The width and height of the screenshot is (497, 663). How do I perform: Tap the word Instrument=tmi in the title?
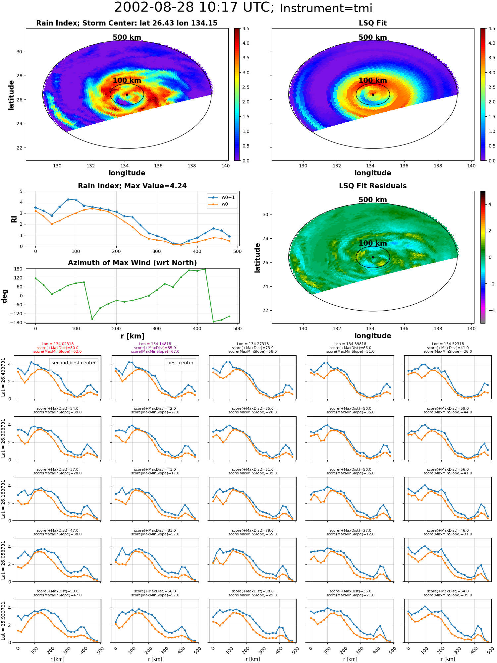pos(326,8)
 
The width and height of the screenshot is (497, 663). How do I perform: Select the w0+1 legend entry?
pos(222,197)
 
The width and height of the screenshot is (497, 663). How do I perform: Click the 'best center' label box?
pos(180,363)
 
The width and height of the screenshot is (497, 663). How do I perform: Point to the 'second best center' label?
pos(74,363)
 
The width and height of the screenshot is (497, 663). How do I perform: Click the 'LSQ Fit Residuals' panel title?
pos(373,186)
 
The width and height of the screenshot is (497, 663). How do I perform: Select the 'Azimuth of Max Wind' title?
pos(132,263)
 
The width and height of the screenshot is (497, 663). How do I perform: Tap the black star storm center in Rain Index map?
pos(127,94)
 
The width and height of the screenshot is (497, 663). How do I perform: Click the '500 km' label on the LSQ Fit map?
pos(373,37)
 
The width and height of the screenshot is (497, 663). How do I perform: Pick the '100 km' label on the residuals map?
pos(373,243)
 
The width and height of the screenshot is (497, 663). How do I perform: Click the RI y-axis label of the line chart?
pos(14,219)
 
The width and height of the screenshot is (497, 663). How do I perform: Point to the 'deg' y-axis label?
pos(5,296)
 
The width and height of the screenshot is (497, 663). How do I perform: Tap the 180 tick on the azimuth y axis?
pos(19,269)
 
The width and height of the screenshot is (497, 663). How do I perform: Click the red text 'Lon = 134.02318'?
pos(58,344)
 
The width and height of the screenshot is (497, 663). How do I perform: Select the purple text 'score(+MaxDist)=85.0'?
pos(155,348)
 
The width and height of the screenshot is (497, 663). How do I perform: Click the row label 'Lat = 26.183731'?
pos(3,499)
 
